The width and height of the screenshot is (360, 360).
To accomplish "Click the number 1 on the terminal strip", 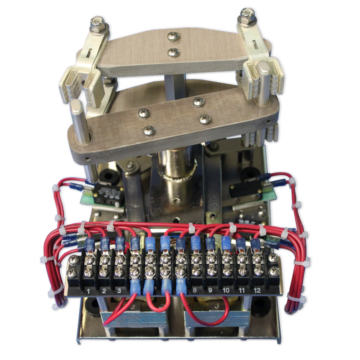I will tap(88, 290).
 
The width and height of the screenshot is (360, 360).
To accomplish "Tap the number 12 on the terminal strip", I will tap(257, 290).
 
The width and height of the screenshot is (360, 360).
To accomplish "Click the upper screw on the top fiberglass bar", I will tap(173, 35).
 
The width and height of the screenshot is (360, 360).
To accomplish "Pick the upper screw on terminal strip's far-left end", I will tap(73, 260).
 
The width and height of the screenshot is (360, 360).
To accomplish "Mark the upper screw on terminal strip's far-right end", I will tap(272, 259).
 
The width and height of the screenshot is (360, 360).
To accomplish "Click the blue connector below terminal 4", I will tap(135, 288).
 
